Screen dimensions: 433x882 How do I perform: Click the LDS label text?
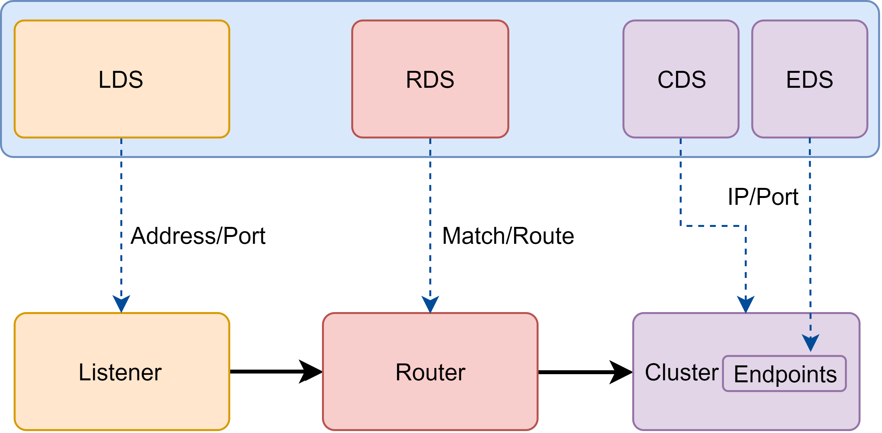click(x=121, y=80)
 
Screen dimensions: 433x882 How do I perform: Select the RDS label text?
click(x=430, y=80)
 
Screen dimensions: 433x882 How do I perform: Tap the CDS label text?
click(x=681, y=80)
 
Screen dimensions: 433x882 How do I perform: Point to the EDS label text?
click(x=809, y=80)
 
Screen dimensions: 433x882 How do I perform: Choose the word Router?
click(x=430, y=373)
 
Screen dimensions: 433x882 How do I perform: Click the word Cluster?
click(x=681, y=373)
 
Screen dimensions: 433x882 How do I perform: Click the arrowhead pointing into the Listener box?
click(x=121, y=303)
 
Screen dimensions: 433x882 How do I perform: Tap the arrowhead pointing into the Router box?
click(x=430, y=304)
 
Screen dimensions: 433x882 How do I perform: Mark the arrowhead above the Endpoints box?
click(x=810, y=342)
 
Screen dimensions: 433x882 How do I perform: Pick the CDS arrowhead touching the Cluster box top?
click(x=746, y=304)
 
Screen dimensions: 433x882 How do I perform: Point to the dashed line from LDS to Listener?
click(x=121, y=222)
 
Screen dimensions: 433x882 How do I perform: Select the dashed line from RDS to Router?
click(x=430, y=222)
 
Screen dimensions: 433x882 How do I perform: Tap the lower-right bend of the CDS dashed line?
click(x=746, y=226)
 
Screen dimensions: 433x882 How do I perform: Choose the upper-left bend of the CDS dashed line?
click(x=680, y=226)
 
